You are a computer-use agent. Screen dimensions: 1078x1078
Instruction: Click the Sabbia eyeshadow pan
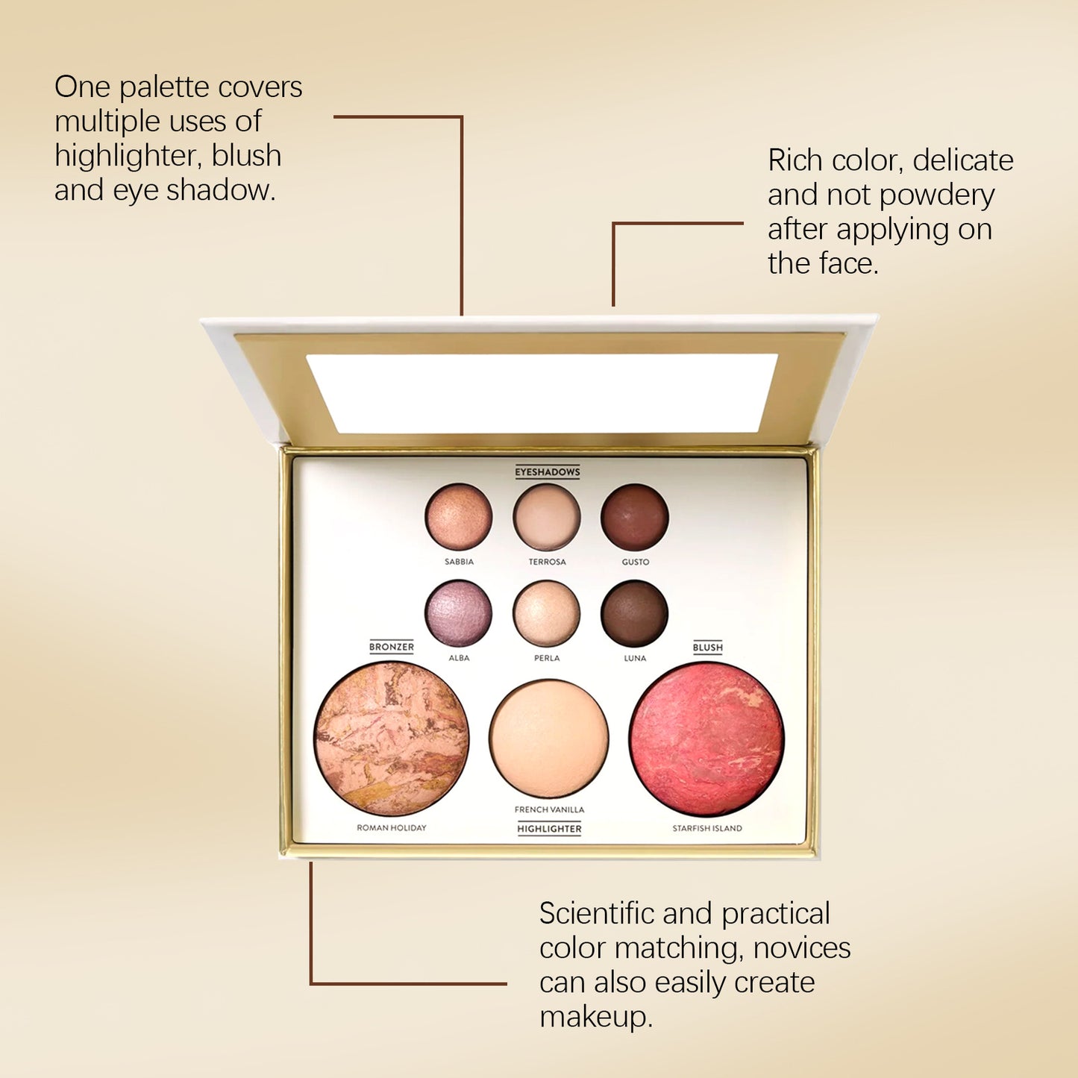459,517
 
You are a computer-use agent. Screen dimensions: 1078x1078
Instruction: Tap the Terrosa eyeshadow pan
547,517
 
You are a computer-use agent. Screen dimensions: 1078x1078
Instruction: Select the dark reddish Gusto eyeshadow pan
635,517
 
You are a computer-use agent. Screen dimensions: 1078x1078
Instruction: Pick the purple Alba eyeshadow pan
459,613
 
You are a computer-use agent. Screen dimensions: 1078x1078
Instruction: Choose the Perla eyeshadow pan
547,613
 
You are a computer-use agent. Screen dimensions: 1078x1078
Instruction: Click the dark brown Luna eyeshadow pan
635,613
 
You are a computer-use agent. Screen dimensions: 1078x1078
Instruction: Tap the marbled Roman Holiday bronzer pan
392,739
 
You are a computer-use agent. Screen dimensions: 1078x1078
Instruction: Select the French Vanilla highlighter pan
549,739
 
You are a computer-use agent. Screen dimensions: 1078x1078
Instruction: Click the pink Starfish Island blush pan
707,739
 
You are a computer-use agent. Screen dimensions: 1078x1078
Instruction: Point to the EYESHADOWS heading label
548,471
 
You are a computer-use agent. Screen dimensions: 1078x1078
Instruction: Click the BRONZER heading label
392,647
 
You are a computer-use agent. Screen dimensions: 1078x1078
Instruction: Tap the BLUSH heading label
707,647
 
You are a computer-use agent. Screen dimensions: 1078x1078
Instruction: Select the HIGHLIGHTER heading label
549,829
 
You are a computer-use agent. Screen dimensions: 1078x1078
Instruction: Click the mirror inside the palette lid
542,393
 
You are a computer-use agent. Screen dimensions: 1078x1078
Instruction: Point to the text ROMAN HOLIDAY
392,827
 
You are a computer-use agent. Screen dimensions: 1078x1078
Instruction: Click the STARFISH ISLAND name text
707,828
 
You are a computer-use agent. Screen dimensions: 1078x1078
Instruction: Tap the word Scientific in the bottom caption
596,913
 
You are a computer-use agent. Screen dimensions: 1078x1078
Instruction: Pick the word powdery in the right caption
937,195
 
